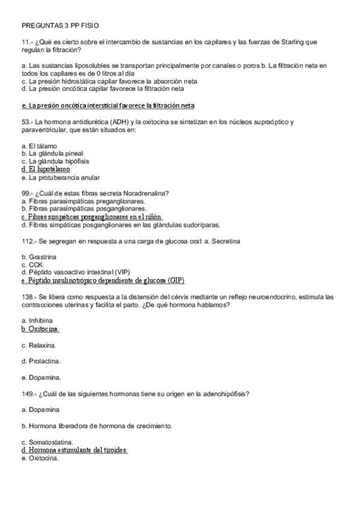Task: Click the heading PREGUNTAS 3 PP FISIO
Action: [59, 26]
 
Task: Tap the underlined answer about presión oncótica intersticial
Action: [108, 105]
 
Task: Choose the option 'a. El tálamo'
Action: [38, 146]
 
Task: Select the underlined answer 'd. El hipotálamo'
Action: [45, 170]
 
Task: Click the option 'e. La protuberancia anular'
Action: [59, 177]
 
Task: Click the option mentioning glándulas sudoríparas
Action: [120, 225]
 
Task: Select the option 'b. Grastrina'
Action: [40, 257]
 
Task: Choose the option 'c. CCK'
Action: [31, 265]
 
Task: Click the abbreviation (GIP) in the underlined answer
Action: [176, 281]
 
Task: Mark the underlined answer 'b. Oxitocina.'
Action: [40, 330]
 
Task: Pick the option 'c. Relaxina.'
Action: [39, 345]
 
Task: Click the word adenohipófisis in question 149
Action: [225, 394]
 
